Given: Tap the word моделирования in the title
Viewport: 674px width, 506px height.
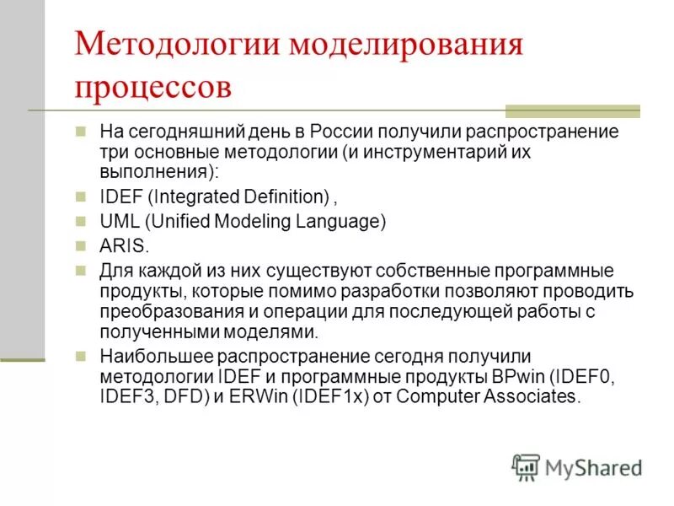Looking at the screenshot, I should point(406,44).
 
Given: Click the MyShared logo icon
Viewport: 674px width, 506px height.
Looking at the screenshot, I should point(526,466).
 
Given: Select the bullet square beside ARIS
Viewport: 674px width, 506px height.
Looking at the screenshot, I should point(81,246).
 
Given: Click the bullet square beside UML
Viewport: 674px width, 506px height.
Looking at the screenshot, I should point(81,222).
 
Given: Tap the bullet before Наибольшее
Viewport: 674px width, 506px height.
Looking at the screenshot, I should point(81,357).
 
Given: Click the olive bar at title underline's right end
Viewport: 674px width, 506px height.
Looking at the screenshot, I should point(572,110).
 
